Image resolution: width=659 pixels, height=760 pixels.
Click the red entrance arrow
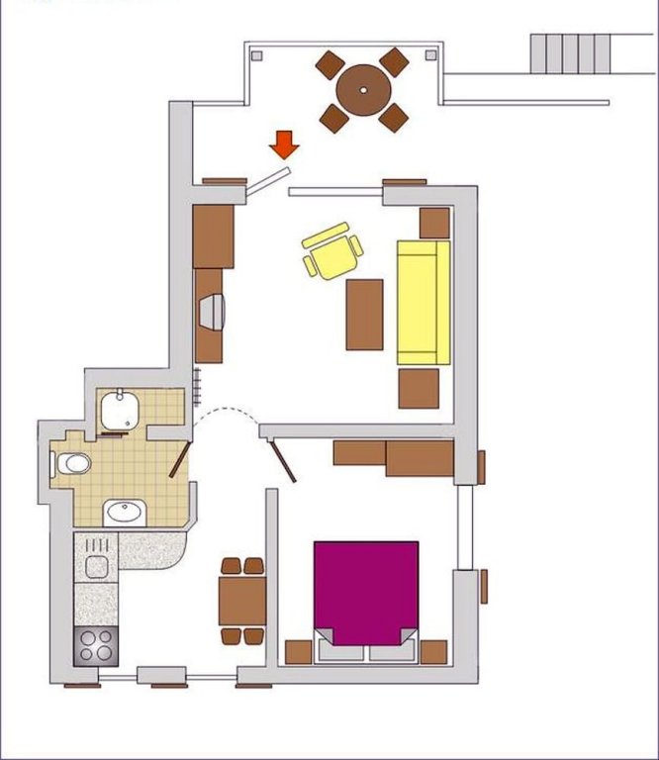pyautogui.click(x=285, y=144)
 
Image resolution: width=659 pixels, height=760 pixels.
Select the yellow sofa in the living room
pyautogui.click(x=424, y=302)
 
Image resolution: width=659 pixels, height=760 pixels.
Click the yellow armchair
pyautogui.click(x=331, y=251)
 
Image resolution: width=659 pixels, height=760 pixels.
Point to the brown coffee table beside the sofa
pyautogui.click(x=364, y=314)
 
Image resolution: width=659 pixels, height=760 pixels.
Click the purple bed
pyautogui.click(x=366, y=592)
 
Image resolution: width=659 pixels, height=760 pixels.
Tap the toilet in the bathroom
pyautogui.click(x=73, y=463)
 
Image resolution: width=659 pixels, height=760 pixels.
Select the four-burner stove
pyautogui.click(x=96, y=646)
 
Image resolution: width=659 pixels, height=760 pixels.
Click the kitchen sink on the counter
pyautogui.click(x=96, y=566)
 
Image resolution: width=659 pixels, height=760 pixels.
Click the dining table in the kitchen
pyautogui.click(x=242, y=599)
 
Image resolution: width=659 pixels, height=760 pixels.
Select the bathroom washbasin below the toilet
pyautogui.click(x=125, y=512)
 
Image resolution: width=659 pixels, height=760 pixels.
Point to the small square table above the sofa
pyautogui.click(x=434, y=223)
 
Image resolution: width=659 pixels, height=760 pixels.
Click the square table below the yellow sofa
pyautogui.click(x=419, y=389)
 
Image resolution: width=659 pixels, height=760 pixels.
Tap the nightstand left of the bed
pyautogui.click(x=299, y=652)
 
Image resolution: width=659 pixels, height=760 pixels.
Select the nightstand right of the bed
pyautogui.click(x=433, y=652)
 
